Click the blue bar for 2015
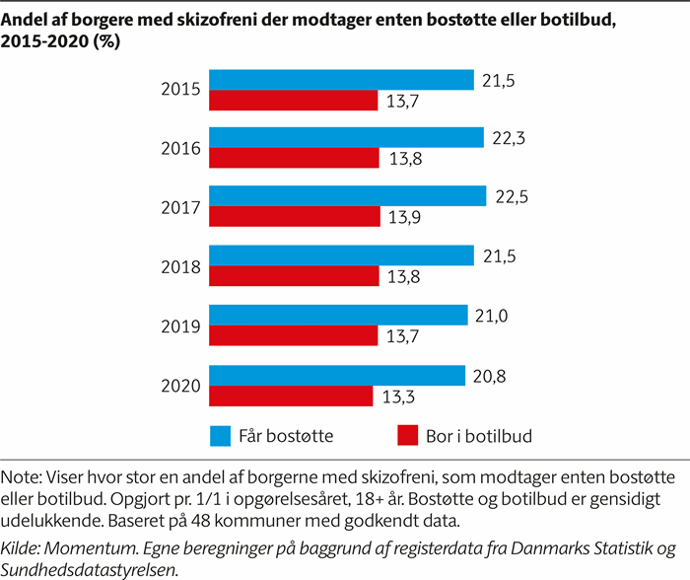341,80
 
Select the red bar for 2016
294,159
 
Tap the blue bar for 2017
348,197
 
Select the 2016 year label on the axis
181,149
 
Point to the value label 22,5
513,196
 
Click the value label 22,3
510,137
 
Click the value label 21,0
494,315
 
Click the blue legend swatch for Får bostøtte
222,435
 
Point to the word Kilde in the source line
22,548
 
